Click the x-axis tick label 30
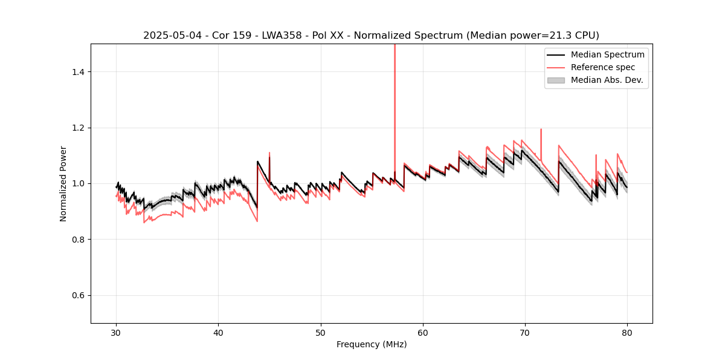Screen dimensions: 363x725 click(117, 333)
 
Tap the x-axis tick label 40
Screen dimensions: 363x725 click(219, 333)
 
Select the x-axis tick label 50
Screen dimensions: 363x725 click(321, 333)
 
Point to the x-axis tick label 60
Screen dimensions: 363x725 click(423, 333)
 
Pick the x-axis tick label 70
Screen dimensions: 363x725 click(525, 333)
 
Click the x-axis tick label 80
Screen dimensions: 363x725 click(627, 333)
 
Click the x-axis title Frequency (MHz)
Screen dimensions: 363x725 click(372, 344)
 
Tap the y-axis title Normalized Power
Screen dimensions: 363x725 click(63, 183)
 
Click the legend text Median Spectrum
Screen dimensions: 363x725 click(607, 54)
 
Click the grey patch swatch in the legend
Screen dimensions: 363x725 click(556, 80)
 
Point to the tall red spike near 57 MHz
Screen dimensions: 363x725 click(395, 91)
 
